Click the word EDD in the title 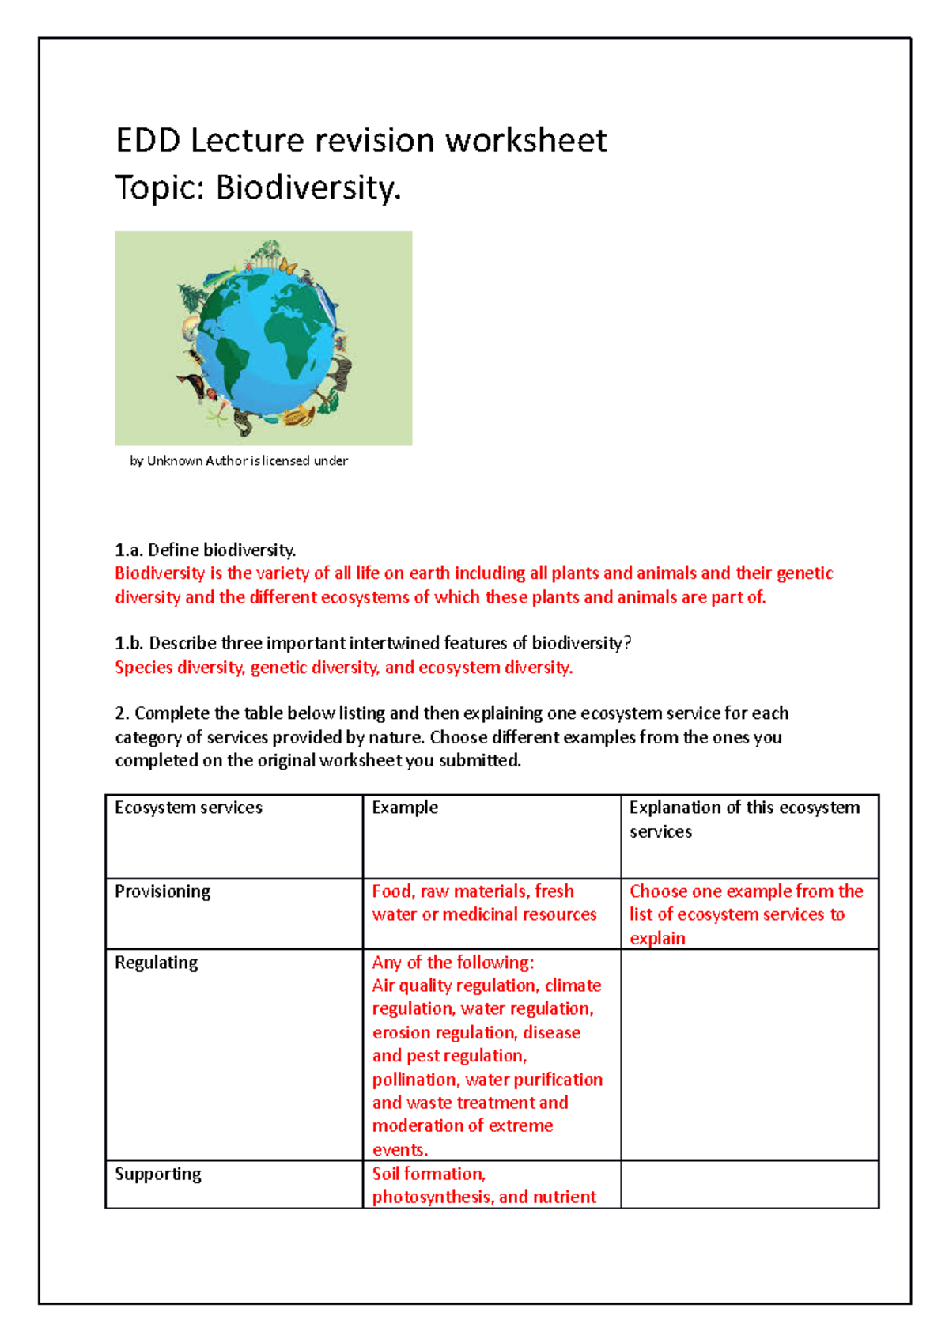148,141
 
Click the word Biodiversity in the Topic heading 308,188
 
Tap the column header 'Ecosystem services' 188,808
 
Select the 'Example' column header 405,808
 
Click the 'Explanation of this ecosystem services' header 743,819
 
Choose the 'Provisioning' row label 163,891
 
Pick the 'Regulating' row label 157,963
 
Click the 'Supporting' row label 158,1174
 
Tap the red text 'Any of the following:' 453,963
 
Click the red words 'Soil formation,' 429,1174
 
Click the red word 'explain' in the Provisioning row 657,938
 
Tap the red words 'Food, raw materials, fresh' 473,891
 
